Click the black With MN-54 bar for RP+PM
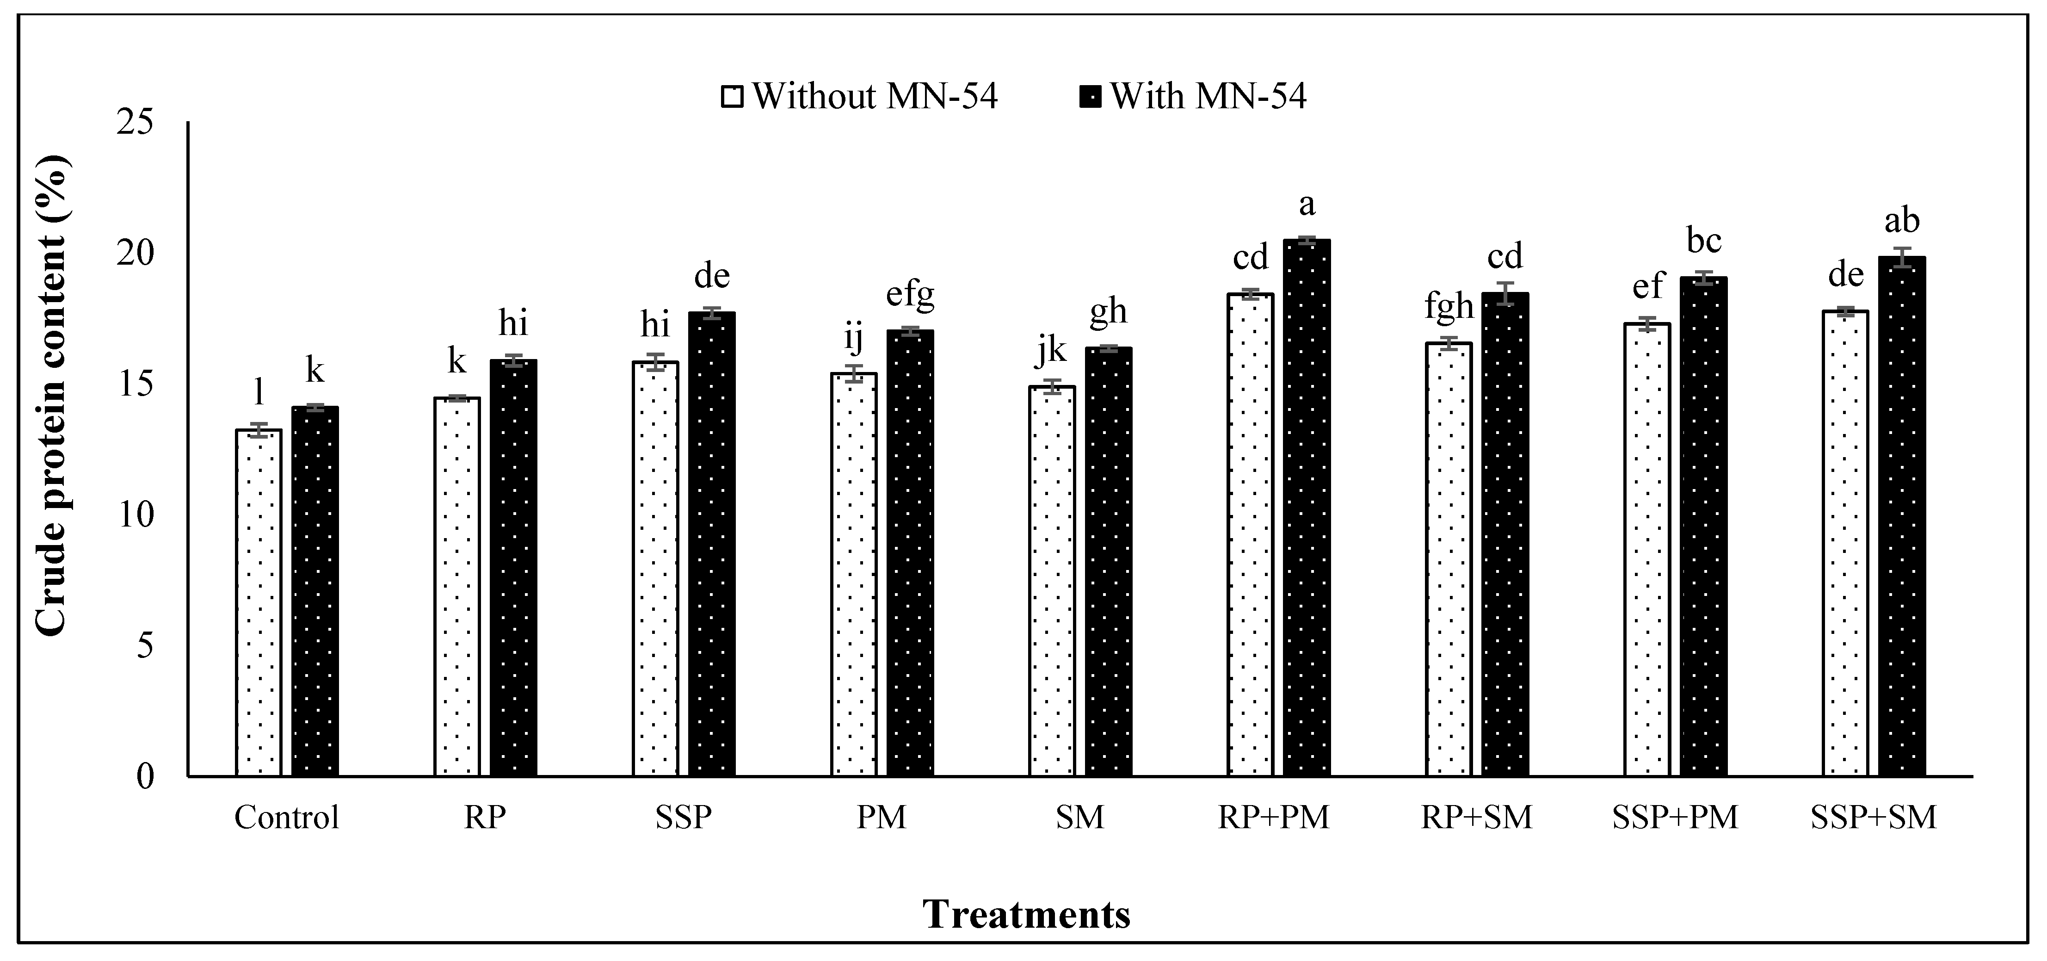click(1307, 508)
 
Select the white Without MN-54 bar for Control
click(259, 604)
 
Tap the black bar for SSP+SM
click(1902, 517)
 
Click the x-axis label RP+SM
click(1476, 817)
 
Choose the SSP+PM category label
click(1675, 817)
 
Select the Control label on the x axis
click(286, 817)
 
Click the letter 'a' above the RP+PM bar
click(1307, 205)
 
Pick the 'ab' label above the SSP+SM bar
click(1902, 221)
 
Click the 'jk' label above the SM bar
click(1052, 353)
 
